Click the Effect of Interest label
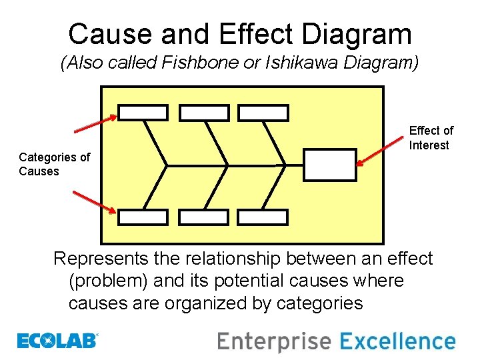coord(431,138)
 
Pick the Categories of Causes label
coord(54,164)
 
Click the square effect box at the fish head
coord(329,165)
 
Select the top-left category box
coord(143,113)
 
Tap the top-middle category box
coord(204,113)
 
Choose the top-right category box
coord(263,113)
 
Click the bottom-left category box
coord(143,217)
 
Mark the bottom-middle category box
coord(204,217)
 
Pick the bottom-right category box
coord(263,217)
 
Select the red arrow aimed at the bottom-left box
coord(95,203)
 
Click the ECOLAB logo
coord(57,341)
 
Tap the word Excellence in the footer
coord(397,341)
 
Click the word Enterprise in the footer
coord(274,342)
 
